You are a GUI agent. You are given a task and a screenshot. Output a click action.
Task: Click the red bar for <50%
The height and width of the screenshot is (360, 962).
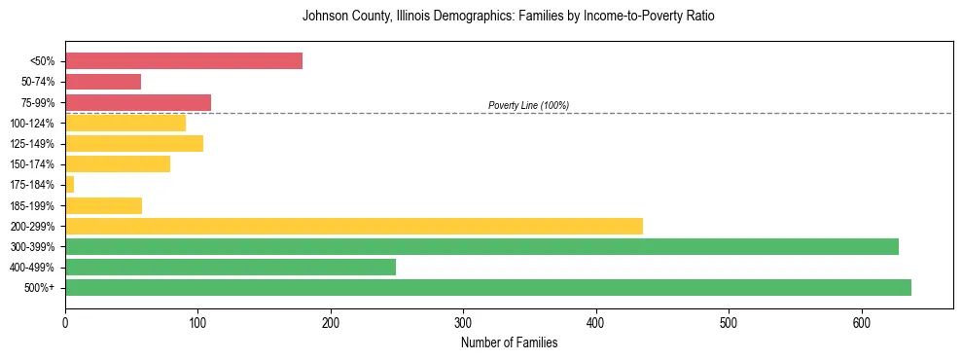click(x=183, y=61)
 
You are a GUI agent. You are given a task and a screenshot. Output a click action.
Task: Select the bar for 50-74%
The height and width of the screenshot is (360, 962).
click(x=103, y=82)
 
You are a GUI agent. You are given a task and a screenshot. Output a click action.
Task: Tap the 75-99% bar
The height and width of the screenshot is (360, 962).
click(x=138, y=102)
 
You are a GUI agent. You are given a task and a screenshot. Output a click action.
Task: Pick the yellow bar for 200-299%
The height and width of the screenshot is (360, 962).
click(x=354, y=226)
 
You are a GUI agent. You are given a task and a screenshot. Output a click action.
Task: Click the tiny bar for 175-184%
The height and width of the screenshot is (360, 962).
click(x=69, y=185)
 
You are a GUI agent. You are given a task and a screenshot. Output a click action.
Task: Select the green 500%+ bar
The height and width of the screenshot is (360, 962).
click(x=487, y=288)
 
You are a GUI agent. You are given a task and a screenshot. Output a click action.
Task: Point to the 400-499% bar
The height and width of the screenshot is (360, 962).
click(x=231, y=268)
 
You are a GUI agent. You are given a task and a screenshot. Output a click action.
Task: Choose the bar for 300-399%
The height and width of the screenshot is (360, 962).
click(x=481, y=246)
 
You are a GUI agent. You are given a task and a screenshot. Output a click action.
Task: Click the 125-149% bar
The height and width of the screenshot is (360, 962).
click(x=134, y=144)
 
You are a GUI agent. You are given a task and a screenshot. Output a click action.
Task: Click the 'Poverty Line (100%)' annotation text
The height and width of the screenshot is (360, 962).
click(x=528, y=105)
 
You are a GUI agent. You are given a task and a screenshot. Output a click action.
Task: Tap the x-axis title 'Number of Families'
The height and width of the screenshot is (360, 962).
click(x=509, y=342)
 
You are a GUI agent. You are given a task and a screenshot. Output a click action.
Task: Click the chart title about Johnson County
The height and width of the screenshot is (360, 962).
click(x=509, y=17)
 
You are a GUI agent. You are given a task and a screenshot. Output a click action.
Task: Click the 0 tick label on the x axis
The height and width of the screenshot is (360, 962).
click(x=65, y=322)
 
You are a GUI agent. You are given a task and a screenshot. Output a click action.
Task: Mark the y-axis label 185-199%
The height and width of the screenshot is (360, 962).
click(x=33, y=205)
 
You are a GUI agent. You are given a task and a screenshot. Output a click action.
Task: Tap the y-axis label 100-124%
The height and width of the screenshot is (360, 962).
click(x=33, y=124)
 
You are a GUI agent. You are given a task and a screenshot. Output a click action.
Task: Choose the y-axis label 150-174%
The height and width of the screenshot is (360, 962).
click(x=33, y=164)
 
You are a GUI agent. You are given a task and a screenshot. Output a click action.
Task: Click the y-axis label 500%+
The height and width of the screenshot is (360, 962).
click(x=40, y=288)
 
